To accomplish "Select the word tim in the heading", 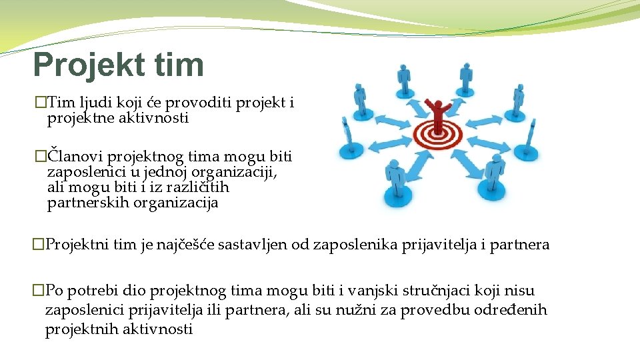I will (179, 65).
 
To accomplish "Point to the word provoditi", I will (197, 103).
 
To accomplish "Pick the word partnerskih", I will (85, 204).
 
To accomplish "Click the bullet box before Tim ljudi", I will (42, 103).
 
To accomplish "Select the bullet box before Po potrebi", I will (39, 291).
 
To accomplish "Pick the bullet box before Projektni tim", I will (39, 245).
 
